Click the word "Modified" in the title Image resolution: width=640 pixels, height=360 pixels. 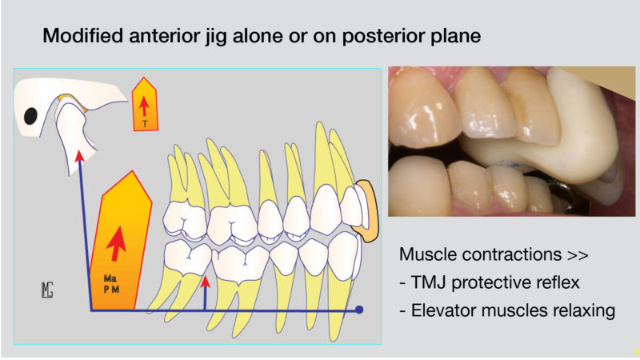pos(83,35)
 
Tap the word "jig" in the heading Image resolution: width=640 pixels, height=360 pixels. pos(214,37)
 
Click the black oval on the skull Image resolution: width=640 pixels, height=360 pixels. pos(30,116)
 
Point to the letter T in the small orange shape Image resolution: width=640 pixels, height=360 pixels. pos(145,123)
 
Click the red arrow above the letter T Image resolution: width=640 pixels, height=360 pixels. pos(144,106)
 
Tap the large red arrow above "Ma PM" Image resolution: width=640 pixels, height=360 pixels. pos(117,243)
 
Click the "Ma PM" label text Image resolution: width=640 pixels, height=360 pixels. pos(111,284)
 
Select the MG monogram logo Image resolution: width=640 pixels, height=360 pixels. pos(47,290)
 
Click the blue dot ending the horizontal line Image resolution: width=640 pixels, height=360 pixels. pos(359,310)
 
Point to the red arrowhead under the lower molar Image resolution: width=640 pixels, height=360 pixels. pos(206,282)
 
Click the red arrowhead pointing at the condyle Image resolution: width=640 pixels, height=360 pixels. pos(79,156)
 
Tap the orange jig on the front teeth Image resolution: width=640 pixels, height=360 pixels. pos(368,211)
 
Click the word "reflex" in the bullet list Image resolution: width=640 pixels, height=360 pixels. pos(555,282)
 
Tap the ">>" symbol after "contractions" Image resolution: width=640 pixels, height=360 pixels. pos(578,255)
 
